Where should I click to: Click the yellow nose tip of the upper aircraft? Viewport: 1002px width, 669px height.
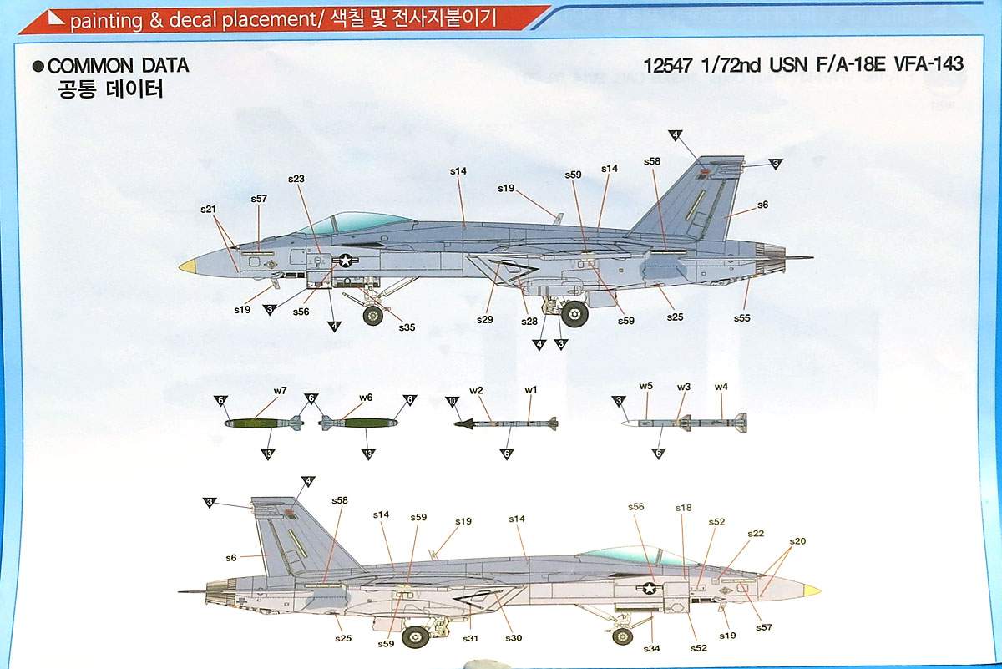click(188, 266)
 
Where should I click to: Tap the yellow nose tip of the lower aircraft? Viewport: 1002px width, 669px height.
click(810, 590)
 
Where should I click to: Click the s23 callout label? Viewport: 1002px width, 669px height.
click(296, 179)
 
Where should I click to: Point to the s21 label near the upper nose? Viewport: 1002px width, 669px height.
click(209, 209)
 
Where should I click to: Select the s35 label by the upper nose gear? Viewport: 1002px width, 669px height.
click(407, 327)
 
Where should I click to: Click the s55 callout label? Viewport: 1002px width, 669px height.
click(742, 318)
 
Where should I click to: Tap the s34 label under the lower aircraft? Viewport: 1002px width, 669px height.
click(652, 647)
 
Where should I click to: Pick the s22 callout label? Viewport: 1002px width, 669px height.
click(755, 534)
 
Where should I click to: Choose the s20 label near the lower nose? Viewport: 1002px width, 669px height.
click(797, 541)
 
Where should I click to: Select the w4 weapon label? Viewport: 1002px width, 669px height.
click(721, 387)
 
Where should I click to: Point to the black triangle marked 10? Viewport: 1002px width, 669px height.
click(452, 401)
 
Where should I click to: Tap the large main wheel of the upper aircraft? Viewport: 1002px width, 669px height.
click(574, 313)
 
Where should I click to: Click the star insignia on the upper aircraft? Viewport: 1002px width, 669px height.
click(346, 261)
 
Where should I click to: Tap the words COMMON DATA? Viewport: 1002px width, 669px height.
click(118, 66)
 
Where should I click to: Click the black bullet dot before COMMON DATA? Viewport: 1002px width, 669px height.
click(38, 67)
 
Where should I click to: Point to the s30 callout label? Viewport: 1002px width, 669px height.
click(513, 638)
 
